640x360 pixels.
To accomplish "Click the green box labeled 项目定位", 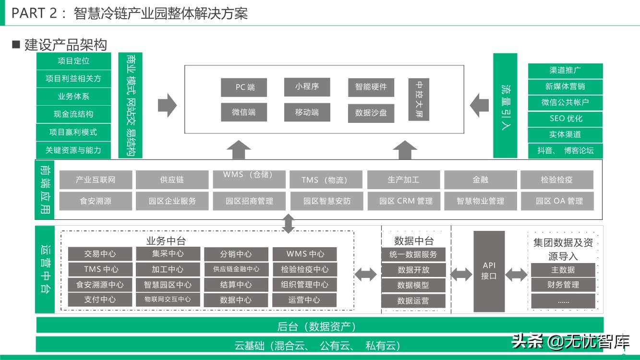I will [x=73, y=61].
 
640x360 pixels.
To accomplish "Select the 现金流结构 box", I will [x=73, y=114].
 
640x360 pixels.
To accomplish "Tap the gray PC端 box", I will [x=244, y=87].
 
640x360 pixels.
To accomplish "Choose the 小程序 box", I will [x=307, y=87].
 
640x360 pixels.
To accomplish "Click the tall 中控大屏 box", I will [x=419, y=99].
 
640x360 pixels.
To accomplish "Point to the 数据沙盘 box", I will [x=371, y=113].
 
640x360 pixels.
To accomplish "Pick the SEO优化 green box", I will [x=566, y=119].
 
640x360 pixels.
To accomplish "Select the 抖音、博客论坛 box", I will [x=566, y=151].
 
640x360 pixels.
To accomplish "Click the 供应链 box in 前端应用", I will [x=172, y=180].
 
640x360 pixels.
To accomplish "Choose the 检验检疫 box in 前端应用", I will [x=556, y=180].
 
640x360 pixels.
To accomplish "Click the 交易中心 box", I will [x=100, y=254].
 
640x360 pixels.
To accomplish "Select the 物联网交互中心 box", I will [x=168, y=300].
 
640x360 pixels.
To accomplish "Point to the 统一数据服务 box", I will [x=413, y=255].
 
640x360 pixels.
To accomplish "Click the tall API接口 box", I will [x=489, y=271].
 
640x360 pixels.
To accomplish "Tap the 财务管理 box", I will [x=563, y=285].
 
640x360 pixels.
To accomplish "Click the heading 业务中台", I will [x=166, y=240].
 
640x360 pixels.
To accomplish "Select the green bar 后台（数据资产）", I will [x=320, y=327].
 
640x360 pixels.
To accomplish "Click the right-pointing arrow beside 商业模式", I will [x=167, y=105].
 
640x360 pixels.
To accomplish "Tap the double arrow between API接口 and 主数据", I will [x=517, y=275].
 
